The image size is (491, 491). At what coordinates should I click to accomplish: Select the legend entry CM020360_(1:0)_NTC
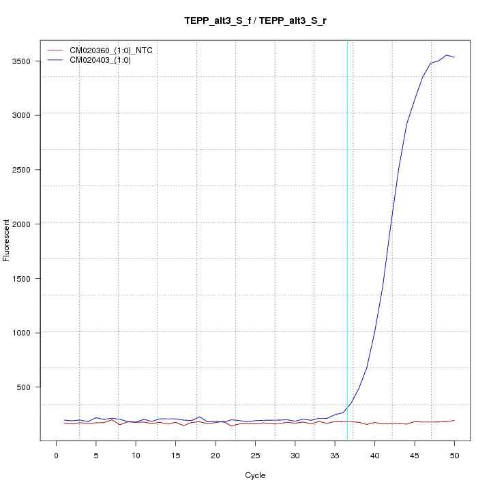116,50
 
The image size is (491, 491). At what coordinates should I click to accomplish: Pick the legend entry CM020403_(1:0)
105,60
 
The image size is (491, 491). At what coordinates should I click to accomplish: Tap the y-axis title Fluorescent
7,240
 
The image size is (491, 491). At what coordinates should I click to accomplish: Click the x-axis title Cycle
256,475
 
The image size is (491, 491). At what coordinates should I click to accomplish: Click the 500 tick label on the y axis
29,387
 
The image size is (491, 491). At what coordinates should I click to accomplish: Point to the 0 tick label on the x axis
56,456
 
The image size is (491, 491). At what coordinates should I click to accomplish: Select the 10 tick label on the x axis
136,456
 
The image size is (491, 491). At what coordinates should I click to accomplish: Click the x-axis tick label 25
255,456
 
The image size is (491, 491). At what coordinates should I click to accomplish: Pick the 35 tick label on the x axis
335,456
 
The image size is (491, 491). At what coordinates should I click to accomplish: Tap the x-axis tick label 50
454,456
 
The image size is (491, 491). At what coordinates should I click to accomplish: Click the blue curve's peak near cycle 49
447,55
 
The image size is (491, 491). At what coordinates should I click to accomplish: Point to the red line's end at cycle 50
454,420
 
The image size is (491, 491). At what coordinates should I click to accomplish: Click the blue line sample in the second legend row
54,60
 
